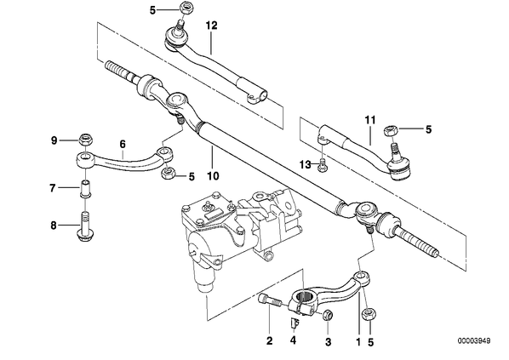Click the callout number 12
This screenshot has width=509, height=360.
point(211,25)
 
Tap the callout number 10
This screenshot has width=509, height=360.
point(213,176)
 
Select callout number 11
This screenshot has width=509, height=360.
point(369,120)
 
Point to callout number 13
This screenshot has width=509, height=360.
point(305,164)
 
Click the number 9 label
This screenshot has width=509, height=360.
point(54,140)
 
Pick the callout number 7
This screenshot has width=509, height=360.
point(53,187)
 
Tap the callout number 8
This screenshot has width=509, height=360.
point(54,226)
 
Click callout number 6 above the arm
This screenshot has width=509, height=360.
point(123,144)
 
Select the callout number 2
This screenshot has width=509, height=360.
point(270,340)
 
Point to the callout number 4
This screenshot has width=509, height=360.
point(293,340)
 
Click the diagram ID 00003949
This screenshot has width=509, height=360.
point(474,340)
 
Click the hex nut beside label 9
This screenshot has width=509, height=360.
point(85,140)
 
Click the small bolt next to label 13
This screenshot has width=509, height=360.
point(323,165)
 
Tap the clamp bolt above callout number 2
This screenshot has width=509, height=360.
point(269,300)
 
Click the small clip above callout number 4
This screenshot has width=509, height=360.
point(295,323)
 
